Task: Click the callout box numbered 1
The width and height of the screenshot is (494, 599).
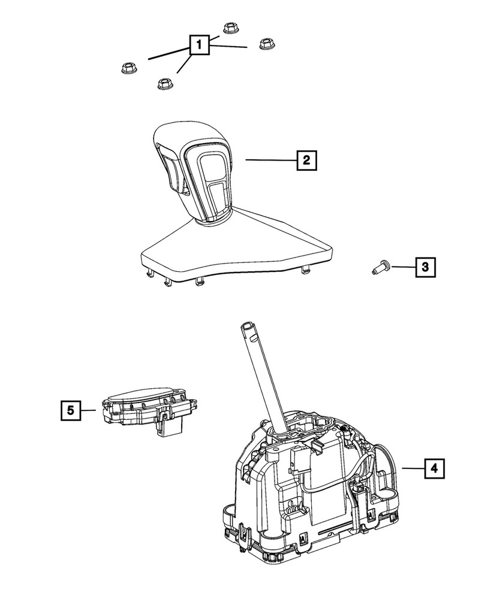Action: [200, 44]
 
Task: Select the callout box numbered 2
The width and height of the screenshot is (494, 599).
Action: [306, 160]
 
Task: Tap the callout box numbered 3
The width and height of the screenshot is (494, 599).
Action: [425, 267]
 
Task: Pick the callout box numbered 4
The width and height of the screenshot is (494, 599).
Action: [435, 468]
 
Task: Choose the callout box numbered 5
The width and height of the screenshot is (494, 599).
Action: [70, 410]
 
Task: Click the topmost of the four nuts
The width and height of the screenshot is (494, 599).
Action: [229, 28]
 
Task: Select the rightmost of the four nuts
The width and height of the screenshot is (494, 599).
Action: [266, 45]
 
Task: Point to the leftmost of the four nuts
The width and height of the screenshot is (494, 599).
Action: [127, 68]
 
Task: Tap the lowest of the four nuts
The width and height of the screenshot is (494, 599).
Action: [162, 84]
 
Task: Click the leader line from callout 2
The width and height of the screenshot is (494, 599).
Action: [270, 160]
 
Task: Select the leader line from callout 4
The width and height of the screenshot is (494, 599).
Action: [412, 468]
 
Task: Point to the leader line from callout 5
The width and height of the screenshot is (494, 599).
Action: [89, 410]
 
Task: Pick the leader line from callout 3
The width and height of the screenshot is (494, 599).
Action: [403, 267]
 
